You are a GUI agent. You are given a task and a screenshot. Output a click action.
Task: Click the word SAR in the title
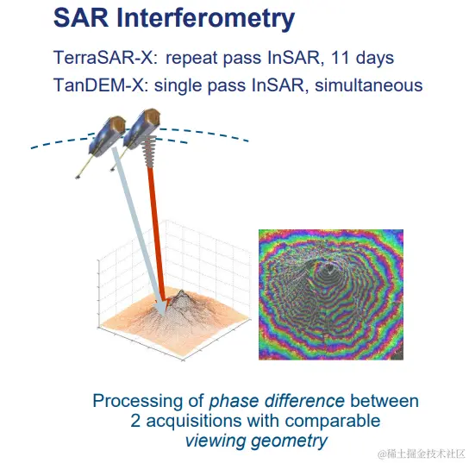click(x=81, y=18)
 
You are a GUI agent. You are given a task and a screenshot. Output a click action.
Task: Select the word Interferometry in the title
click(x=206, y=20)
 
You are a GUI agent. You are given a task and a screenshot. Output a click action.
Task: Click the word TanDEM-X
click(x=101, y=85)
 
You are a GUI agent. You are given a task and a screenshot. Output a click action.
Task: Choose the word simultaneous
click(x=368, y=85)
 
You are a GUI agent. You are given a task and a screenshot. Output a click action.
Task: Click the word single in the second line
click(x=178, y=86)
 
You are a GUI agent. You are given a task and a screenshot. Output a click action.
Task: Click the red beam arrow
click(x=156, y=235)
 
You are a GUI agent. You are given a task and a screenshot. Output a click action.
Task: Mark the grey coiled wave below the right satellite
click(x=149, y=151)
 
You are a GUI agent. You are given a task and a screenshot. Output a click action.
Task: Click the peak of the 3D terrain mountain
click(x=181, y=291)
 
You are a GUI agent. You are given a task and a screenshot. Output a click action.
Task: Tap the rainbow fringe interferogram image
click(x=331, y=295)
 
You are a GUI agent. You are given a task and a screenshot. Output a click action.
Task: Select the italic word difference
click(x=304, y=401)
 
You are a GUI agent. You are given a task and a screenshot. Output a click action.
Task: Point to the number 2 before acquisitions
click(x=135, y=421)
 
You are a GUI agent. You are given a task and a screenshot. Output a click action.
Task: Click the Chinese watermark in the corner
click(x=421, y=454)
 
